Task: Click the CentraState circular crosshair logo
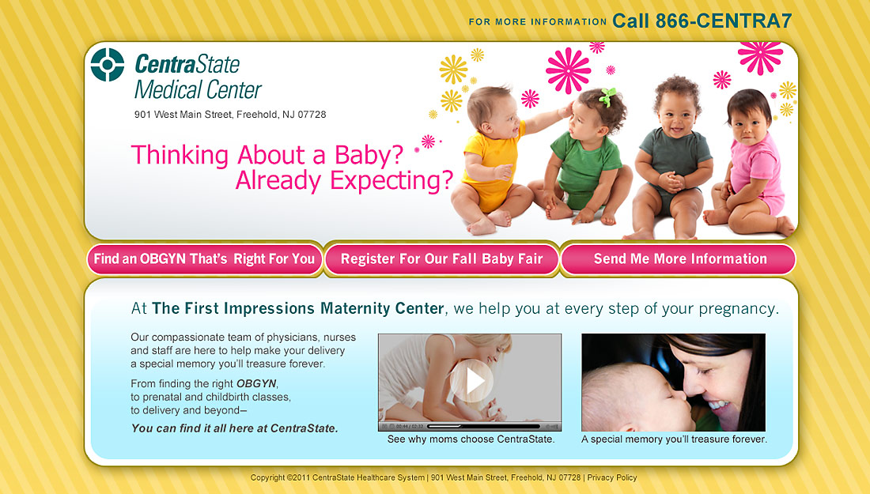[107, 65]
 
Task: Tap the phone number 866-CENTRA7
[724, 21]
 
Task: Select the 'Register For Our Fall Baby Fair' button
[441, 259]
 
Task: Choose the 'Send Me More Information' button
[679, 259]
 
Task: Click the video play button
[471, 381]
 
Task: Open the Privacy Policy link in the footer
[612, 477]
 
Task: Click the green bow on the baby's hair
[607, 97]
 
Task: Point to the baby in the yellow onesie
[491, 160]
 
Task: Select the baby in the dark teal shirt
[672, 158]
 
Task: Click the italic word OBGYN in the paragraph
[256, 383]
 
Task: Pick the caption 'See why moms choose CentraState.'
[471, 439]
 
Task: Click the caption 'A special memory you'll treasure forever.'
[674, 439]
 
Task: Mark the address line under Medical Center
[230, 115]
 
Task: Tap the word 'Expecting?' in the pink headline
[391, 181]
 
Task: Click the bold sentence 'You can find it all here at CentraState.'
[235, 428]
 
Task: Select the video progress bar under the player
[483, 426]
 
